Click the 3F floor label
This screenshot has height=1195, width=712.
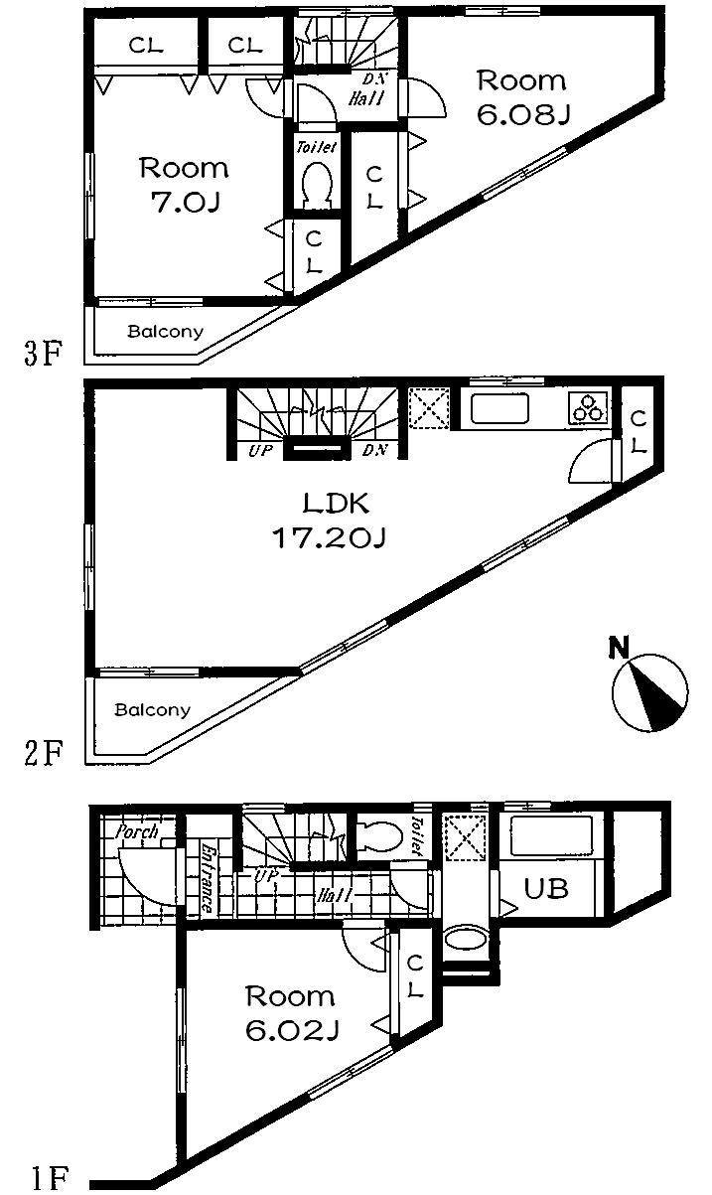tap(44, 355)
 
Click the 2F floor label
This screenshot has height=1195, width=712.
tap(44, 754)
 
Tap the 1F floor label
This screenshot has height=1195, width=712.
tap(48, 1179)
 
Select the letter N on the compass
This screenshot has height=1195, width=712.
tap(620, 649)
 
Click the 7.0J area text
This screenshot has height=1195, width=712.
tap(183, 203)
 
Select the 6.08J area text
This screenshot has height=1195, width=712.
tap(522, 116)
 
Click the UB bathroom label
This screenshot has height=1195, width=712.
tap(547, 887)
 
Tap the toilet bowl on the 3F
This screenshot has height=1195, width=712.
tap(317, 185)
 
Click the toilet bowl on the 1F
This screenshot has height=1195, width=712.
tap(378, 837)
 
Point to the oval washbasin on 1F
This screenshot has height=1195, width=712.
tap(465, 940)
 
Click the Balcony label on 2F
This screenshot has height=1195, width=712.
tap(151, 710)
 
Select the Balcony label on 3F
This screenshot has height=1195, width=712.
tap(165, 332)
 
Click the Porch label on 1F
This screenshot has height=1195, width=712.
tap(138, 830)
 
